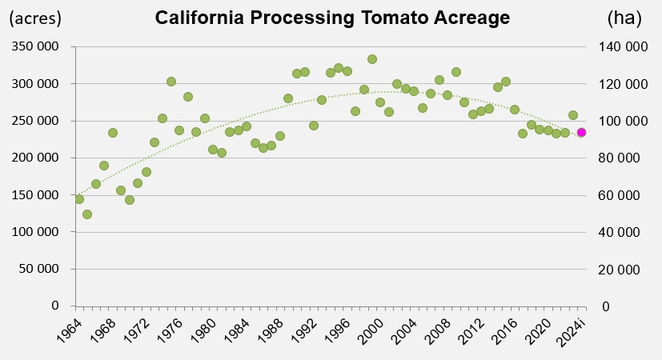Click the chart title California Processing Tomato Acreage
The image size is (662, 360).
click(331, 18)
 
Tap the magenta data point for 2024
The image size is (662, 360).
click(582, 133)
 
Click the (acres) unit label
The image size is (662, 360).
click(34, 17)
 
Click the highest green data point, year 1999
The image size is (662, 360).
click(372, 59)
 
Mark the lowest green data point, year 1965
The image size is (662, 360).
click(87, 214)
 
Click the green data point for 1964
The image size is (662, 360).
click(79, 199)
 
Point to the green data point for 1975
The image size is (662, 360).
click(171, 82)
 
